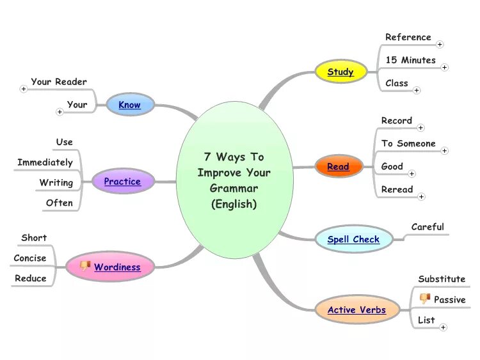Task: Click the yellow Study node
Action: pos(340,72)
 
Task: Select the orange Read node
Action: pos(338,168)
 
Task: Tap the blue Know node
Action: pos(130,105)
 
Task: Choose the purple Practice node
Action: pos(122,182)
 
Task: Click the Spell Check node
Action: pos(353,240)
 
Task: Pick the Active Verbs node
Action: pos(356,310)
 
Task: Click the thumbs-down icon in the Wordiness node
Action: pos(84,266)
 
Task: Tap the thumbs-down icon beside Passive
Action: pos(424,299)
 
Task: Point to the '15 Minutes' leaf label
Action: pos(410,60)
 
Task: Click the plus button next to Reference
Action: pos(440,44)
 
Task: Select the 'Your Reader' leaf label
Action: pos(59,82)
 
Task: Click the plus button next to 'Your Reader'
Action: pos(24,89)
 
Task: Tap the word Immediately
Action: pos(45,162)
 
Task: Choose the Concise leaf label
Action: pos(30,258)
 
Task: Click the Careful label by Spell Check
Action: pos(428,227)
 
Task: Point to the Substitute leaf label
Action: pos(442,279)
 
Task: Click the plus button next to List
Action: pos(443,327)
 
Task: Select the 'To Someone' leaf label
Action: pos(408,144)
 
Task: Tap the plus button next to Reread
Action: pos(421,196)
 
